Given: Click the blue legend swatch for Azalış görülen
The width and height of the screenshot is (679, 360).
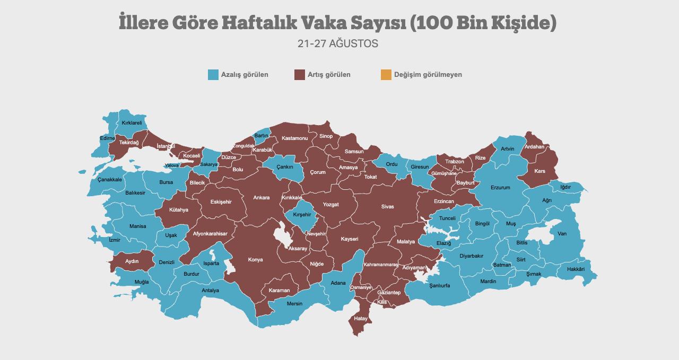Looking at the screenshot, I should (x=213, y=75).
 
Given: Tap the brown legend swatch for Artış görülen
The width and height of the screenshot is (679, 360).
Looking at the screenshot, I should (x=299, y=75).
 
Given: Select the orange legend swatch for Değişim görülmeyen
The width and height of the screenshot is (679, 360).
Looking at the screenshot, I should (x=386, y=75).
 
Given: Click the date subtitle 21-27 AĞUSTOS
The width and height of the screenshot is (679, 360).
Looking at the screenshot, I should (x=338, y=44).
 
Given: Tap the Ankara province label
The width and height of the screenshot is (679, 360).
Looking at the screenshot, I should (x=261, y=198).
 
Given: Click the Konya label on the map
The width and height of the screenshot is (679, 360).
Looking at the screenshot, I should (x=255, y=260).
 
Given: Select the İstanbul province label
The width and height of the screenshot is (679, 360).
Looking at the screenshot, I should (x=166, y=146).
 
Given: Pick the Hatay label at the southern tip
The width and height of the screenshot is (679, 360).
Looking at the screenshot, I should (x=361, y=319).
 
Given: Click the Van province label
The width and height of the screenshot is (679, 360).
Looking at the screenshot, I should (x=562, y=234).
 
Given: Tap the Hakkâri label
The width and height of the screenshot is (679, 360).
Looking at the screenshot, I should (x=576, y=269).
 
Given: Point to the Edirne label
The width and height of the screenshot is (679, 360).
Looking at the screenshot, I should (x=107, y=138).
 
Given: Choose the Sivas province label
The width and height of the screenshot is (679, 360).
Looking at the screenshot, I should (x=387, y=207).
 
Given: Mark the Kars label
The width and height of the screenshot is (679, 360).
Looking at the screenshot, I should (x=539, y=171).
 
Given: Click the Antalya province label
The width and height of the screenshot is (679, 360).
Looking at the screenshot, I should (x=210, y=291).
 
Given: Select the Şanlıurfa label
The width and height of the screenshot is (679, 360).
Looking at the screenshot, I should (x=439, y=285).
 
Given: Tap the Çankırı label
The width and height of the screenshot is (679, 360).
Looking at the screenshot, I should (x=285, y=167).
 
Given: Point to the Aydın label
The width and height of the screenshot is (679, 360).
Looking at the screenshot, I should (x=132, y=261).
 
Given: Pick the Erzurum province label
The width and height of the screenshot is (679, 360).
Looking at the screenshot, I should (x=500, y=188).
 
